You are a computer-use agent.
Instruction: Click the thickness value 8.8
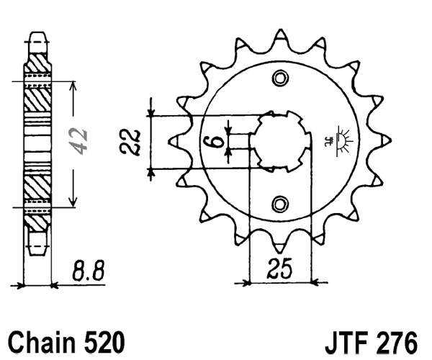coord(89,271)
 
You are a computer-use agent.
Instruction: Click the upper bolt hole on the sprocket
coord(280,78)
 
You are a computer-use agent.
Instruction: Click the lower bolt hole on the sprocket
coord(280,205)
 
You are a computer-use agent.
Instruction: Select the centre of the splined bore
coord(280,141)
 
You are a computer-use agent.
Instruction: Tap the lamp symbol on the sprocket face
coord(343,136)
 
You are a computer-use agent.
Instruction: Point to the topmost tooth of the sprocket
coord(280,37)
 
